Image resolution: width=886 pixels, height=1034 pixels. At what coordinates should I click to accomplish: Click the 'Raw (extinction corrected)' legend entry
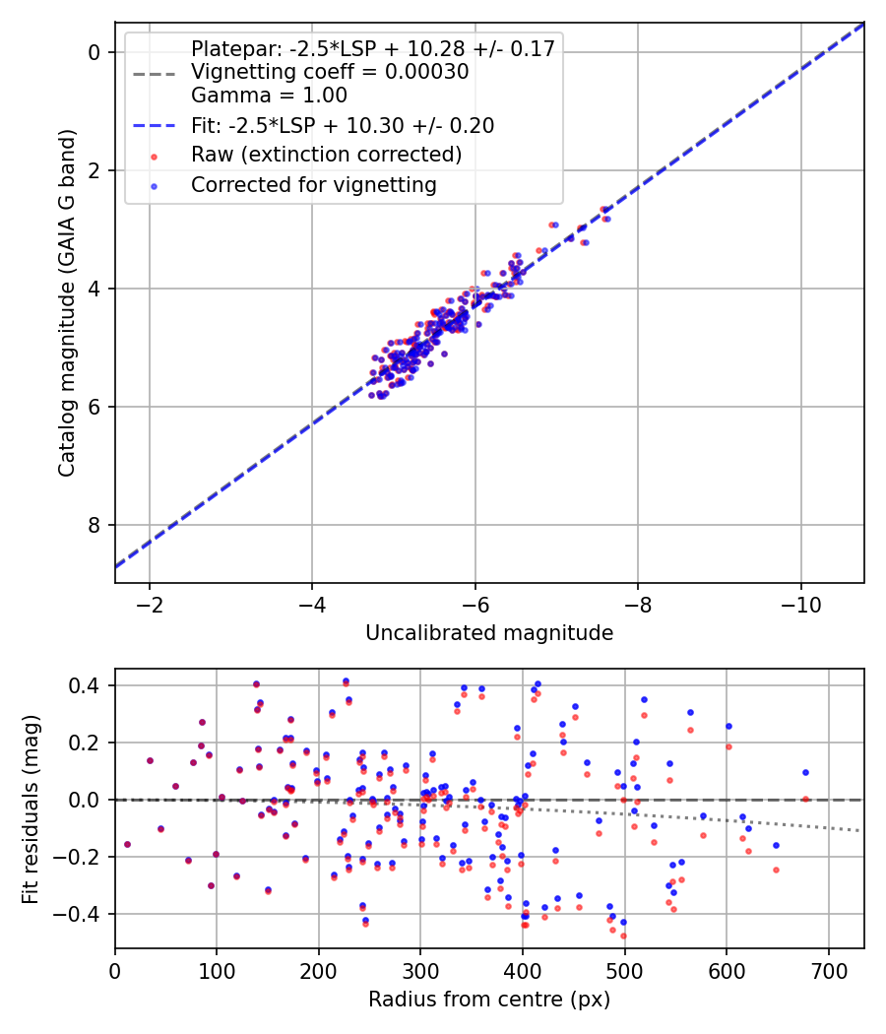(x=326, y=155)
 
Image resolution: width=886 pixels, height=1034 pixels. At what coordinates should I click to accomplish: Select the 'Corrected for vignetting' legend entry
(x=313, y=184)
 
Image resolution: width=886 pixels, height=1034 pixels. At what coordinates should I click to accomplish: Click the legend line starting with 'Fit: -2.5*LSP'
(x=343, y=125)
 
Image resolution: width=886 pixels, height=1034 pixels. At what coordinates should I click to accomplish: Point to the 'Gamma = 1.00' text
(x=269, y=96)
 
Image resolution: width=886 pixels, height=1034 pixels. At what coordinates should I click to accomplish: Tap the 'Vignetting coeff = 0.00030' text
(x=330, y=72)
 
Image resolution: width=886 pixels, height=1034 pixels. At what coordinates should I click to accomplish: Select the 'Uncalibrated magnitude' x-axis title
(x=489, y=632)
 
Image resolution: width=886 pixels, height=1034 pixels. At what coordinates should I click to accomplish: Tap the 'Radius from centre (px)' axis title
(x=489, y=999)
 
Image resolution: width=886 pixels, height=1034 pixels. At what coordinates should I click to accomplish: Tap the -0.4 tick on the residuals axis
(x=83, y=914)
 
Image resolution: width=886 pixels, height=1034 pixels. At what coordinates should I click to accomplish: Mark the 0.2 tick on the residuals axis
(x=88, y=743)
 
